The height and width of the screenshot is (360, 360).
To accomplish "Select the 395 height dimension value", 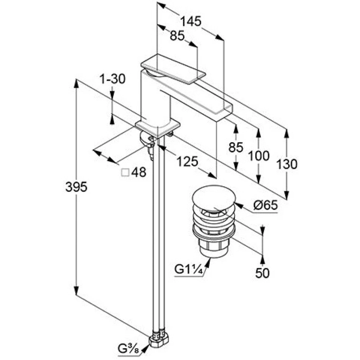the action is (x=76, y=187).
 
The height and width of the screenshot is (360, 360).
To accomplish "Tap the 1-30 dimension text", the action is (x=112, y=79).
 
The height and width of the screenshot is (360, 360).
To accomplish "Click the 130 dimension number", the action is (x=286, y=164).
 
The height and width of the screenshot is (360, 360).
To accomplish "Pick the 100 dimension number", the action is (x=259, y=156).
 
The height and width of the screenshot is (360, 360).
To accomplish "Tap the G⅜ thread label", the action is (x=128, y=349).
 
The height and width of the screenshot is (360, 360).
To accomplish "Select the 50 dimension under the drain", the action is (x=262, y=273).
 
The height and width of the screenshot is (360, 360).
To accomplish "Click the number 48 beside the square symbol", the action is (x=138, y=172).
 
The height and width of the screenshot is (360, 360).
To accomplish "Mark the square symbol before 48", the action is (x=125, y=172).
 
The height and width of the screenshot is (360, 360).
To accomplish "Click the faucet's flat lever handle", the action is (x=173, y=69).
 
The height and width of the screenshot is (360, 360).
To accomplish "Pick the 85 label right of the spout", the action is (x=236, y=147).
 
